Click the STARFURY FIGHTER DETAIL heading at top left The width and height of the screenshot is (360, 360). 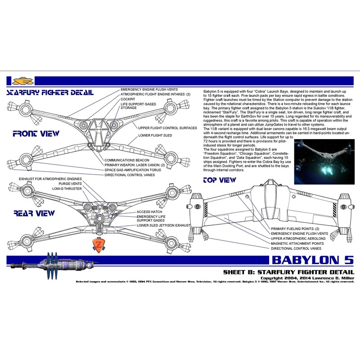pos(50,93)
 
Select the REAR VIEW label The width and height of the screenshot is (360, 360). pos(34,213)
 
